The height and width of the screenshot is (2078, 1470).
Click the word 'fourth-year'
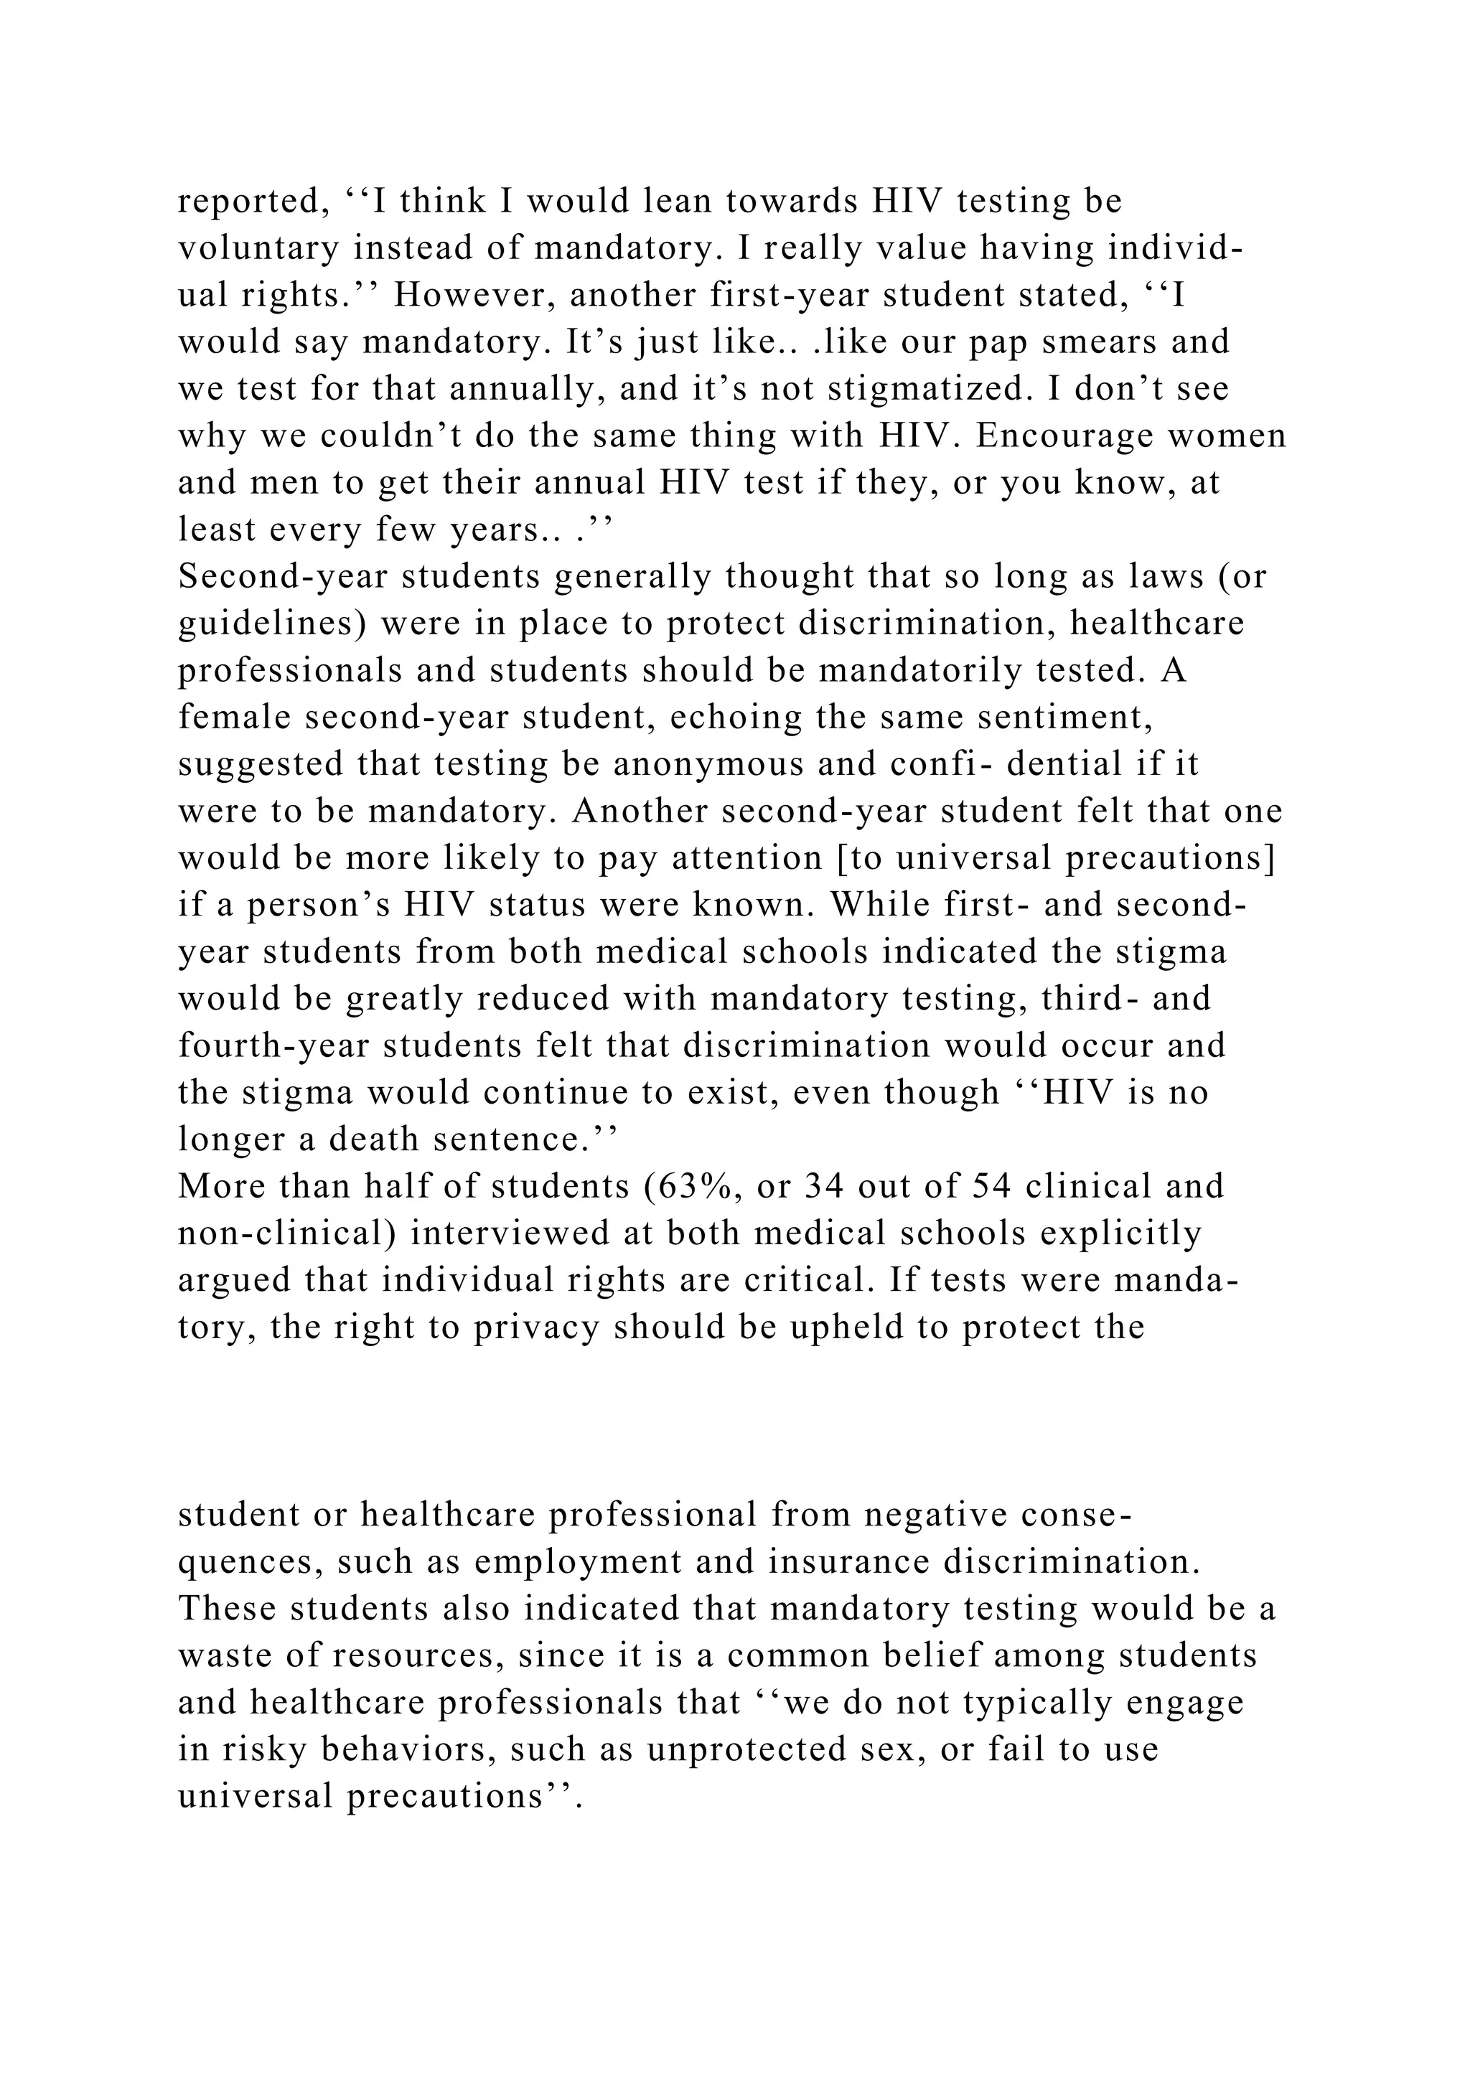[273, 1045]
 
